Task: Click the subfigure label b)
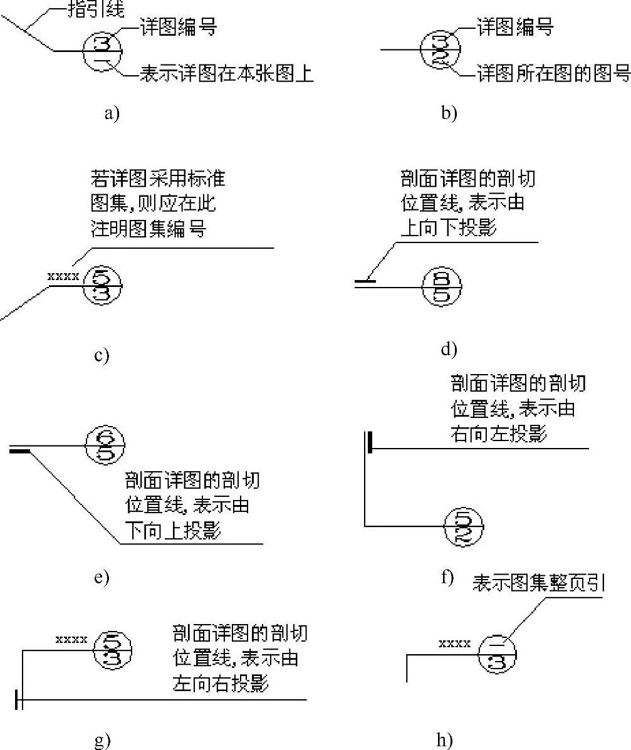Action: pos(449,113)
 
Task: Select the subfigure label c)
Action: pos(101,355)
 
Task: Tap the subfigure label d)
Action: pos(449,348)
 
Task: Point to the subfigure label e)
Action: pos(101,577)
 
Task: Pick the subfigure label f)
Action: pos(447,576)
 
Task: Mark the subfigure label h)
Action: pos(444,740)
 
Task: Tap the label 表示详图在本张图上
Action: pos(226,75)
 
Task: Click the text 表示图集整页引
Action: pos(538,585)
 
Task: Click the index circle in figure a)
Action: pos(103,51)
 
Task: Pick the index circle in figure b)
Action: pos(441,49)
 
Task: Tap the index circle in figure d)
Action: pos(443,287)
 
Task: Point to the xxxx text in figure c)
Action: pos(63,276)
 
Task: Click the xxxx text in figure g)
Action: pos(71,639)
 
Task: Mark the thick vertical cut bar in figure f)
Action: pos(371,441)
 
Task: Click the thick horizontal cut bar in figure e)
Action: pos(19,449)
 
